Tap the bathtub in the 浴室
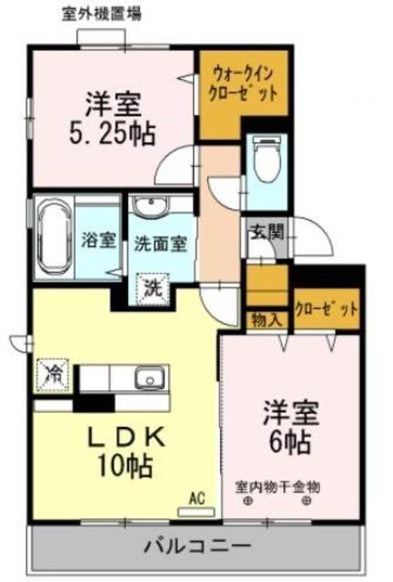(55, 238)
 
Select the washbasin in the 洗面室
(151, 206)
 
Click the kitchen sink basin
(150, 377)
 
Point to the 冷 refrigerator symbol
(53, 376)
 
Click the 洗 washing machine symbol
(154, 288)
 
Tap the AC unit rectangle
(196, 512)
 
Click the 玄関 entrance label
(268, 233)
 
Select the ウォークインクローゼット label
(243, 84)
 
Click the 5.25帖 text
(112, 134)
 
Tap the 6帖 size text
(289, 442)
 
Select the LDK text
(126, 437)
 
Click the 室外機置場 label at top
(101, 15)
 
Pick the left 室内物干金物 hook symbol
(247, 501)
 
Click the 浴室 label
(98, 241)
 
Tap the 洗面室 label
(160, 244)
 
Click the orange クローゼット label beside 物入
(327, 309)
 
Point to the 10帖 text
(125, 466)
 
